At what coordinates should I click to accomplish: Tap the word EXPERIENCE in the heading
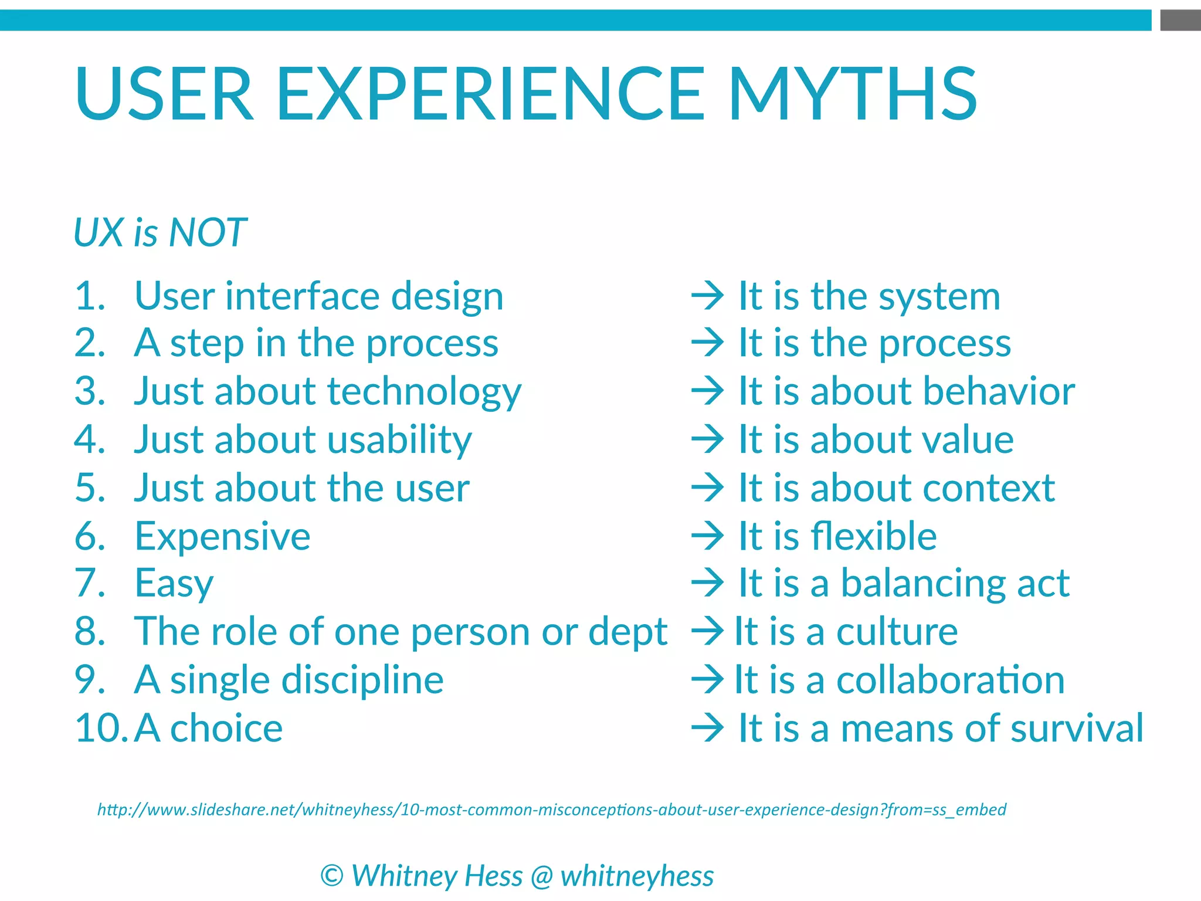click(490, 94)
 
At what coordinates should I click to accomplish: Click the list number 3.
click(90, 391)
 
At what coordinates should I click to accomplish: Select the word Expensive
click(222, 536)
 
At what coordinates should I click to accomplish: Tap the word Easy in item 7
click(174, 584)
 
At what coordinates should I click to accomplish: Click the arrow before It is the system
click(707, 296)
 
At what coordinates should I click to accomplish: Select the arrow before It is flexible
click(707, 536)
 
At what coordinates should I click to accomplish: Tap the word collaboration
click(950, 680)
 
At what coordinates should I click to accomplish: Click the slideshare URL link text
click(551, 809)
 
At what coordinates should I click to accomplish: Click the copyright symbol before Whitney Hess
click(332, 876)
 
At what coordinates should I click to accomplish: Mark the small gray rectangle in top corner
click(1180, 20)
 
